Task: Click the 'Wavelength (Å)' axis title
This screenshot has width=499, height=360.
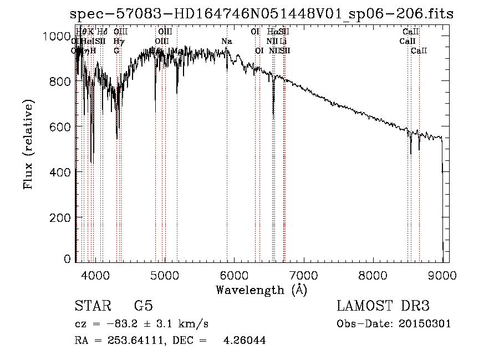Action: [x=261, y=290]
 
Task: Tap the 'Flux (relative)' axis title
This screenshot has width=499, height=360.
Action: [x=29, y=145]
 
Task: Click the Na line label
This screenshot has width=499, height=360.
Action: [x=226, y=41]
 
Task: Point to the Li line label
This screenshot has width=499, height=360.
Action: [x=283, y=41]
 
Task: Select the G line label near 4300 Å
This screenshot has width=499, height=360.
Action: [x=116, y=50]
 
